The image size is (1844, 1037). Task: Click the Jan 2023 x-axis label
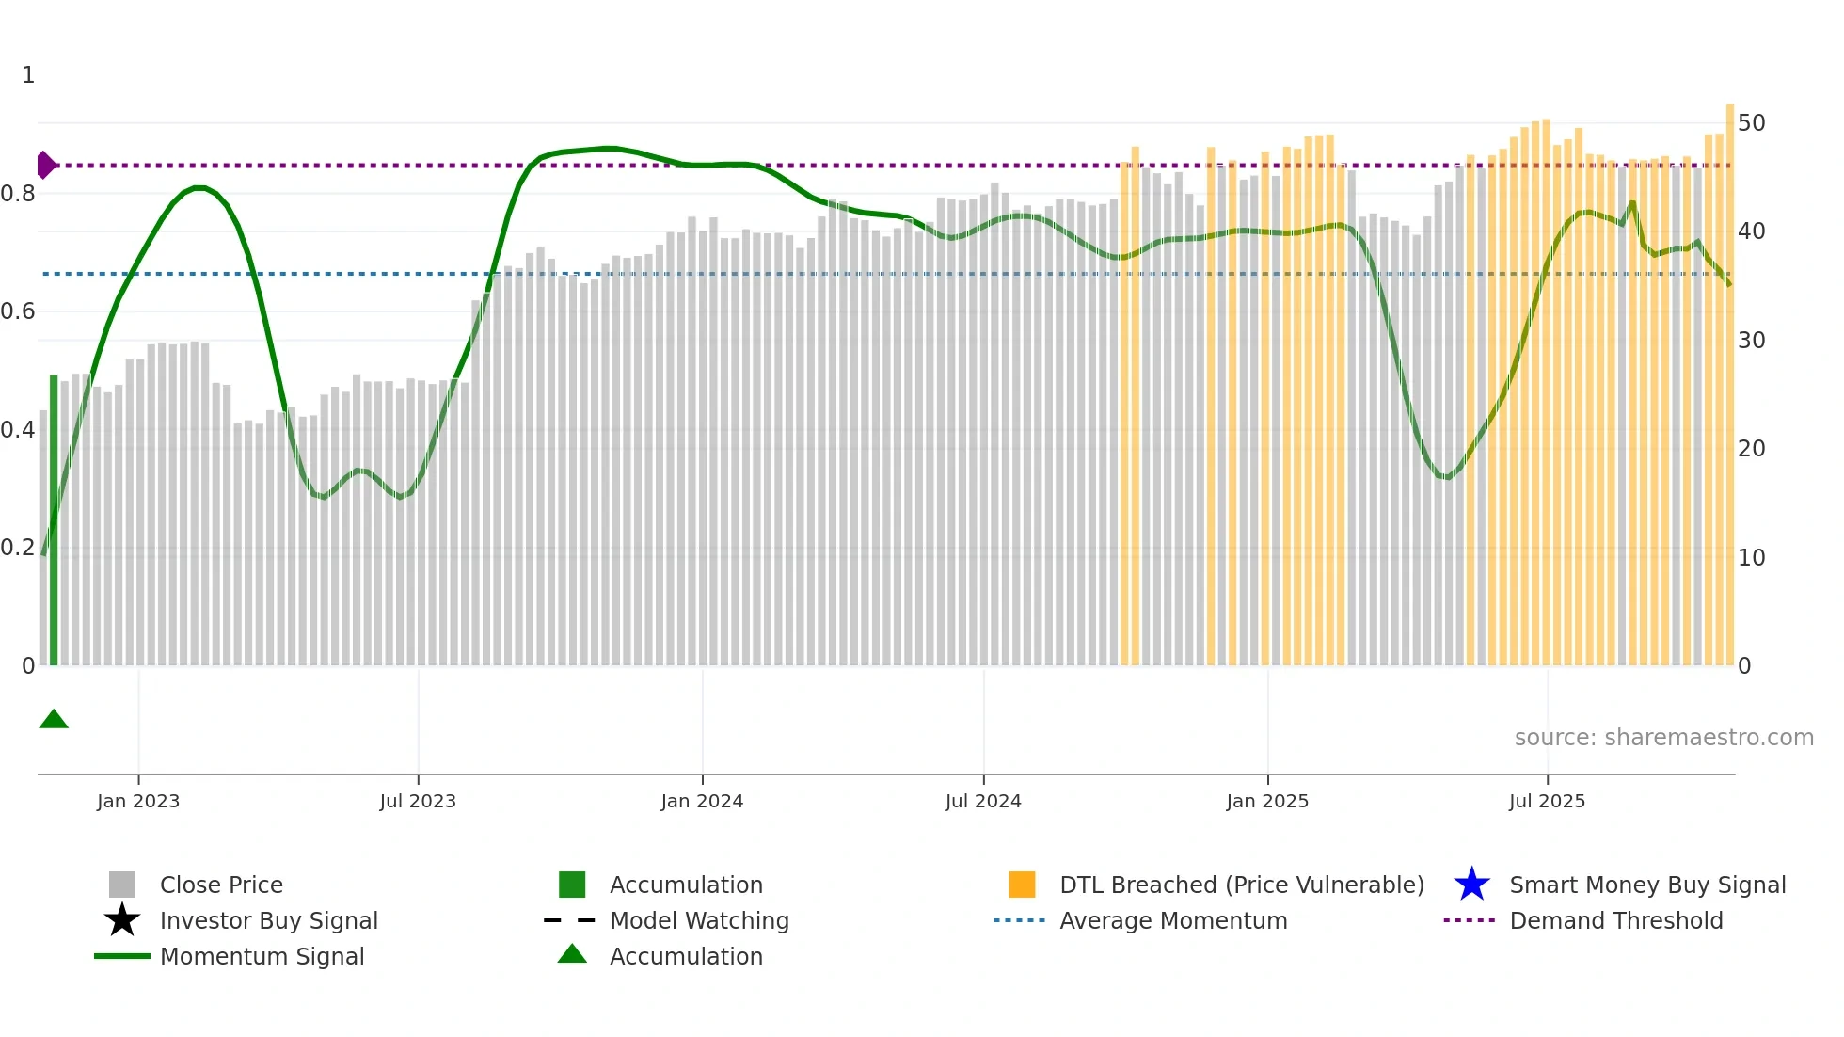pos(138,801)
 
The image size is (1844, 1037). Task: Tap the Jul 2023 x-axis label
pos(418,801)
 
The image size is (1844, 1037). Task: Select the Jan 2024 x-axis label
pos(702,801)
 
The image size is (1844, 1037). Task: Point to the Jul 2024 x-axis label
pos(983,801)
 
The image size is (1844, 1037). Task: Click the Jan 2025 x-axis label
pos(1267,801)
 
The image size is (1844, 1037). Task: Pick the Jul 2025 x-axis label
pos(1547,801)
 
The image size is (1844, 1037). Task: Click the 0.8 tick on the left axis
pos(18,194)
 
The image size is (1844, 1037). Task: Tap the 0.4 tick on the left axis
pos(18,430)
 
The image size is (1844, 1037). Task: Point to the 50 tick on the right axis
pos(1751,123)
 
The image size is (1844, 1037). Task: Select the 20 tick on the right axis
pos(1751,449)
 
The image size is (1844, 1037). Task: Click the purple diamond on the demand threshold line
pos(45,165)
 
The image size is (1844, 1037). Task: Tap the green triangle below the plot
pos(54,720)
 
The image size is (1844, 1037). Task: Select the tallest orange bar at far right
pos(1729,376)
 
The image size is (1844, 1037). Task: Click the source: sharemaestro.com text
pos(1663,738)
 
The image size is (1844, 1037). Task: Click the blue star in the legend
pos(1471,885)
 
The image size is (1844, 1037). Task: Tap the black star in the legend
pos(122,920)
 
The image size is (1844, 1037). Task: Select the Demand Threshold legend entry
pos(1615,920)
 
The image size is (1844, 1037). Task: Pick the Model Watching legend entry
pos(699,920)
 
